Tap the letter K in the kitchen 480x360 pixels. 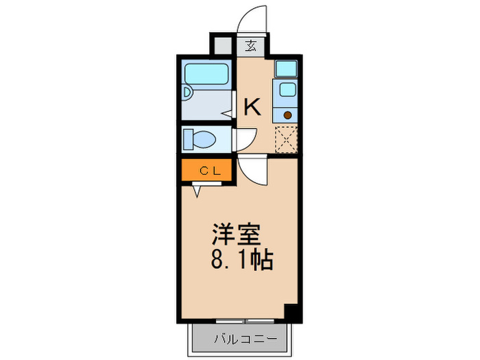pyautogui.click(x=252, y=106)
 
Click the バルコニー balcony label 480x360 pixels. pyautogui.click(x=245, y=339)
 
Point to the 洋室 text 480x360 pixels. pyautogui.click(x=236, y=235)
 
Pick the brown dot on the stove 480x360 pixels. pyautogui.click(x=287, y=115)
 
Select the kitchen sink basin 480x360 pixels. pyautogui.click(x=285, y=90)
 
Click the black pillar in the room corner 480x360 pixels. pyautogui.click(x=293, y=311)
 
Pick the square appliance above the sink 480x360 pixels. pyautogui.click(x=286, y=69)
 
